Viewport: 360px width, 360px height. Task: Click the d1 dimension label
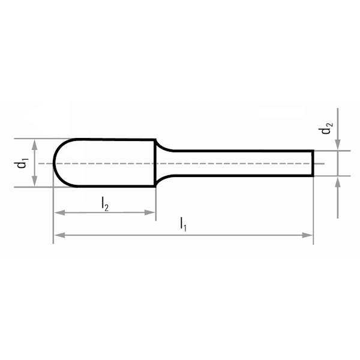pyautogui.click(x=21, y=163)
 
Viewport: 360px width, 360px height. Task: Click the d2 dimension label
pyautogui.click(x=326, y=128)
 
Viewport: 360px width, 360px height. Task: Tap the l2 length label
pyautogui.click(x=105, y=203)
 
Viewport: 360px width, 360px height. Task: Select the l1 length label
pyautogui.click(x=183, y=224)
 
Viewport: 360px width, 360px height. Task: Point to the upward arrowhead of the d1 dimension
pyautogui.click(x=34, y=145)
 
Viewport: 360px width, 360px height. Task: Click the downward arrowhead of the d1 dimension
pyautogui.click(x=34, y=181)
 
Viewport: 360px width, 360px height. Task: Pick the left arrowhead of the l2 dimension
pyautogui.click(x=59, y=212)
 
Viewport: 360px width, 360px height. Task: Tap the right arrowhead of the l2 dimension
pyautogui.click(x=149, y=212)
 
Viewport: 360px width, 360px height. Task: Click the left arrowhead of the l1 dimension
pyautogui.click(x=59, y=235)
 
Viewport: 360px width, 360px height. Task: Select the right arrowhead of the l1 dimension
pyautogui.click(x=307, y=235)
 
